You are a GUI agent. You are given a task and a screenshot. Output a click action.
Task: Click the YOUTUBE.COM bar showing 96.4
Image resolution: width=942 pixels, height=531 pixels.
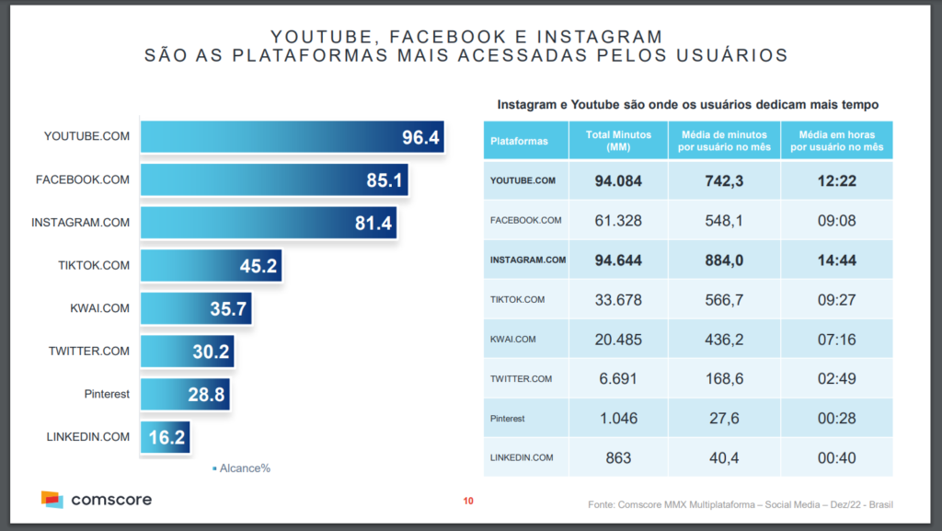[292, 138]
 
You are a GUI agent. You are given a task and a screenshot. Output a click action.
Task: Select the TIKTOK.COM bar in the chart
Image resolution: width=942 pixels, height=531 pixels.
[211, 265]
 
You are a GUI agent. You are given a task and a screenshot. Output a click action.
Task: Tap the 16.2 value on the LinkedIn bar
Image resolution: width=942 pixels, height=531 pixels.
[167, 437]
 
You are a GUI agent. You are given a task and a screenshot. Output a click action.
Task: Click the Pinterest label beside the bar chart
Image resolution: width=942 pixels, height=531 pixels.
[107, 394]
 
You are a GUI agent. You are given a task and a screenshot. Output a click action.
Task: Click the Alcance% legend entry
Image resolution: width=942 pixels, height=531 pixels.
[241, 468]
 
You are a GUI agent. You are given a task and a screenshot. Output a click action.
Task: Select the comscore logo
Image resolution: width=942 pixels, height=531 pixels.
[96, 500]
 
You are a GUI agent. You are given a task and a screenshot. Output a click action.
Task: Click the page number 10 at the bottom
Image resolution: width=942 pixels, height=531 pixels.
[468, 502]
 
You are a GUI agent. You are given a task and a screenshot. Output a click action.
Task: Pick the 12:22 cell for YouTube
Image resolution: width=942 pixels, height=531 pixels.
[836, 180]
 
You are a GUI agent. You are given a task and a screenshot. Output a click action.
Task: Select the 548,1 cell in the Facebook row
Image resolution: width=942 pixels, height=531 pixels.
[723, 221]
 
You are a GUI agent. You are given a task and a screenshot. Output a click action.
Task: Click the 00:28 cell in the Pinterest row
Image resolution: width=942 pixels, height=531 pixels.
[836, 418]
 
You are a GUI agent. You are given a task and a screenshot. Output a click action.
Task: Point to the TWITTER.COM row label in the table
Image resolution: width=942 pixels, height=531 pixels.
[521, 378]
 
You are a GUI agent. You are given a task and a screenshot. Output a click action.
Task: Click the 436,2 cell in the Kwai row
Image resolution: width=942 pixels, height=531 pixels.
[723, 340]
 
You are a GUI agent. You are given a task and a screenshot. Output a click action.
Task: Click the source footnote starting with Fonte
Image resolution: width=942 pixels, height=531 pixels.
[741, 504]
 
